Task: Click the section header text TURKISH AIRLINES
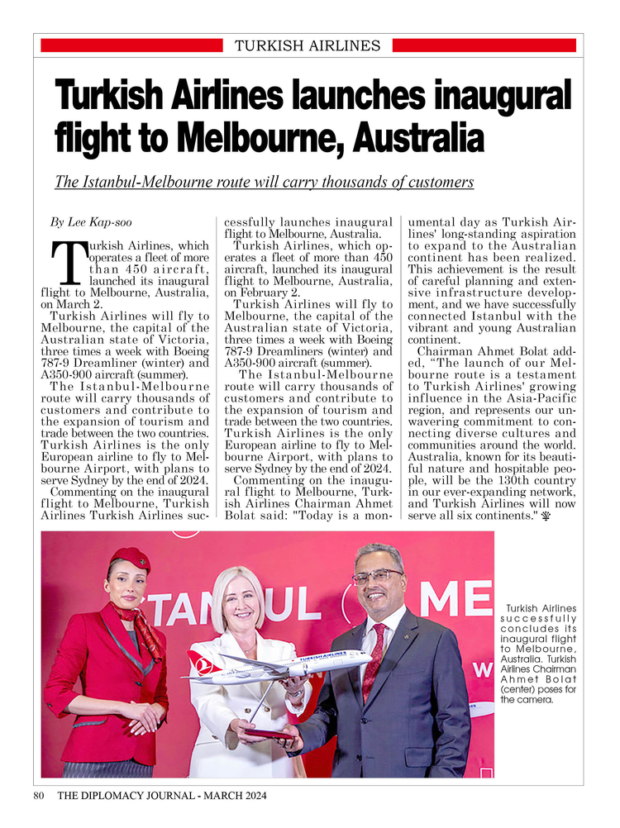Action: (308, 45)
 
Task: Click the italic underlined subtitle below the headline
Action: (264, 182)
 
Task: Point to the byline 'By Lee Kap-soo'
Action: (91, 222)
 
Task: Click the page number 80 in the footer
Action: (39, 796)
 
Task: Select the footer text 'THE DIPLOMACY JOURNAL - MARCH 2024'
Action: (162, 796)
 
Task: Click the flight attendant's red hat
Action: (130, 559)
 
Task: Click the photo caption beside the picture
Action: (538, 654)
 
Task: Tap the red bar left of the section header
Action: (131, 45)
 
